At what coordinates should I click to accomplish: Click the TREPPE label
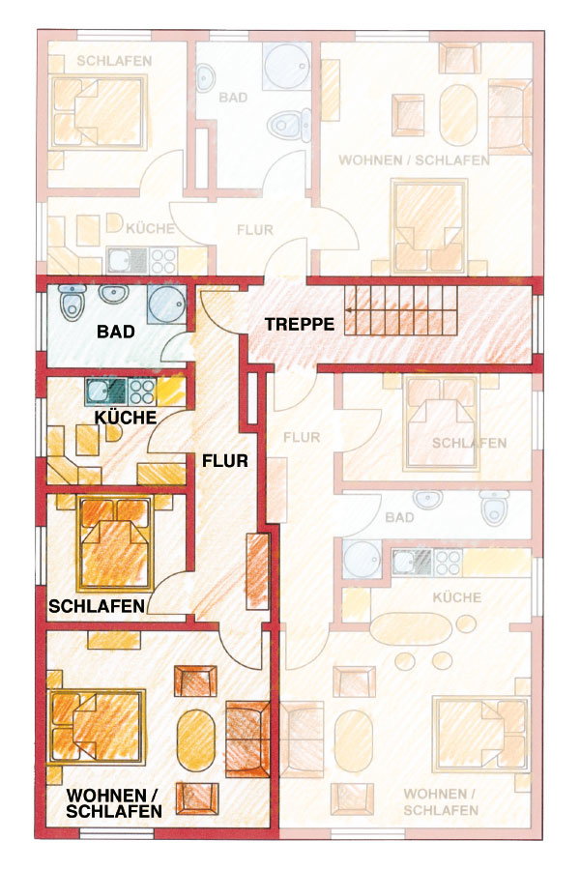click(299, 324)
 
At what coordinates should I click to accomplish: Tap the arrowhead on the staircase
click(350, 309)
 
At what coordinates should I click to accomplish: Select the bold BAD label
click(115, 332)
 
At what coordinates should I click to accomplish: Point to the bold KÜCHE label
click(126, 418)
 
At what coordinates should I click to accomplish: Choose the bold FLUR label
click(225, 460)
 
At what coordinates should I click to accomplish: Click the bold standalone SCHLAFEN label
click(97, 606)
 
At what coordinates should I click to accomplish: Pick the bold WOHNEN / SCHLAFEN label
click(114, 803)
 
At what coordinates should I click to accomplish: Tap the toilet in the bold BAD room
click(72, 302)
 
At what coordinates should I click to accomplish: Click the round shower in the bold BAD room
click(166, 304)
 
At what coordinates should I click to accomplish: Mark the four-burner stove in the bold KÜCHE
click(142, 391)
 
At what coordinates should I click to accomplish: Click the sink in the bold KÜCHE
click(106, 391)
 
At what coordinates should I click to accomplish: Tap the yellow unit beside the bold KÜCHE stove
click(170, 391)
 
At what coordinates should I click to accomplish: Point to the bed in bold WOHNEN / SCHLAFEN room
click(97, 727)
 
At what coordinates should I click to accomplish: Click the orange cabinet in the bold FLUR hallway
click(257, 571)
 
